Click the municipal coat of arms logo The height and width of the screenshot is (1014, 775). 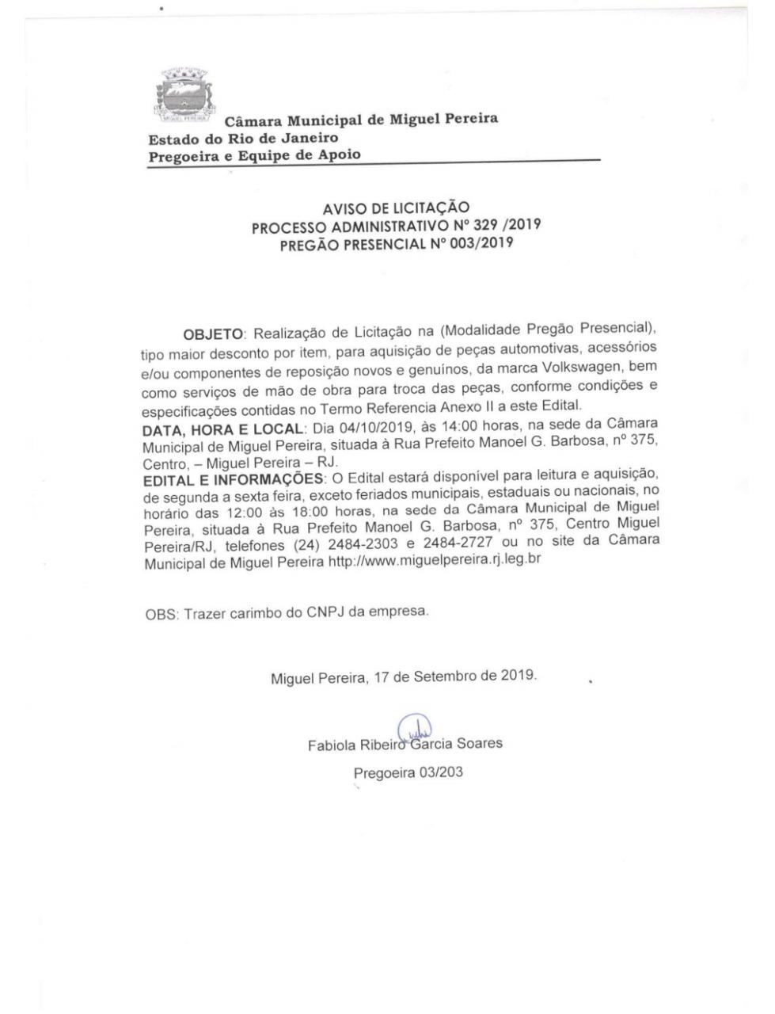183,97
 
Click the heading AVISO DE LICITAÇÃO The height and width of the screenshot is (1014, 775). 396,208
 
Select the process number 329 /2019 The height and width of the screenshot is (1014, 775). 502,225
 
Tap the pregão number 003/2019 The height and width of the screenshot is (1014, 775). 473,243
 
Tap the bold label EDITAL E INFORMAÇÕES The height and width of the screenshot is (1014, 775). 234,480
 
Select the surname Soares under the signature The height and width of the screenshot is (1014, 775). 480,744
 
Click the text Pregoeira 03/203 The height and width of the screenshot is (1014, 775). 408,772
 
